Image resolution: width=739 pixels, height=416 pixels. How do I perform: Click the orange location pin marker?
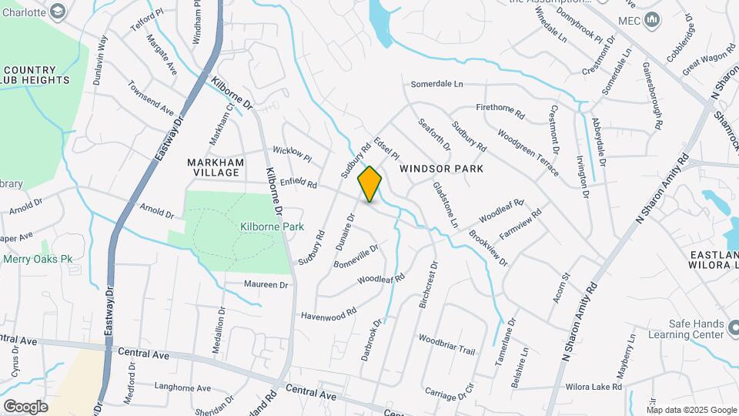click(x=369, y=184)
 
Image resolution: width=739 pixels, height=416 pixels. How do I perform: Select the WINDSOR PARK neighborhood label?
click(x=441, y=168)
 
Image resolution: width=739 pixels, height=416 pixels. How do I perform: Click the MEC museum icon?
click(x=652, y=19)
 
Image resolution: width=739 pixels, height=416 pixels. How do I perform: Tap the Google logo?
click(x=25, y=406)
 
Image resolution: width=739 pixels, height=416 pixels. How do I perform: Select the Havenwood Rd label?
click(x=329, y=314)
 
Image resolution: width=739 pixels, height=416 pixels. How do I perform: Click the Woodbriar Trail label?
click(x=446, y=344)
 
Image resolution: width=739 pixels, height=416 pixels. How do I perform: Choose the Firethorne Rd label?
click(x=500, y=111)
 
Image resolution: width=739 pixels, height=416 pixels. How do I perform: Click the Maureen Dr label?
click(x=265, y=284)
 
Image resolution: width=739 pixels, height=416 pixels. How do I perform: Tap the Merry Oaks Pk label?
click(x=38, y=259)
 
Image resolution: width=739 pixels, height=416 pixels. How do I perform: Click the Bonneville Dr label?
click(x=356, y=257)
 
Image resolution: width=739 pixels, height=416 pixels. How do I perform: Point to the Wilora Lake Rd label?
click(x=597, y=386)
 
